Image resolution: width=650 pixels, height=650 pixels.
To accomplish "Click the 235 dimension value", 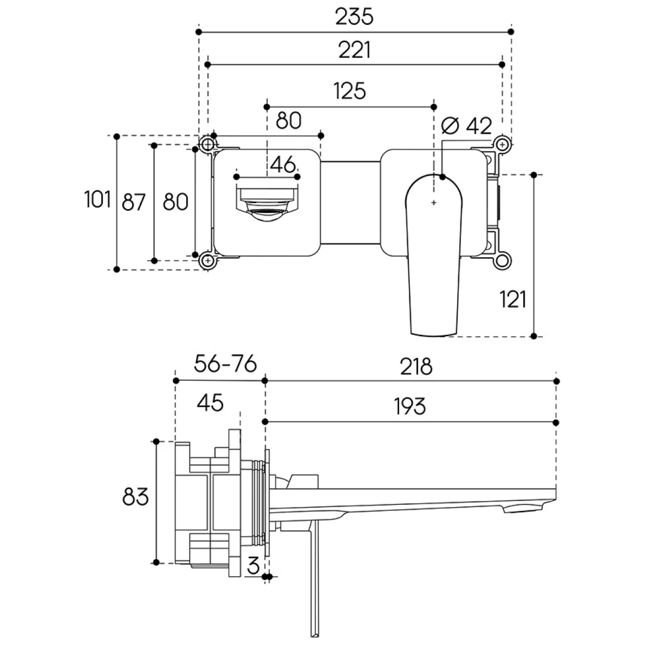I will point(354,17).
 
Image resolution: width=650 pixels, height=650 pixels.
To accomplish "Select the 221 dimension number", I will point(354,50).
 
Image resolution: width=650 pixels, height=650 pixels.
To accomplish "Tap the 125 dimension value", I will point(349,91).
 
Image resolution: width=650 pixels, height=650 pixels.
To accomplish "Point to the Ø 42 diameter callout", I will point(466,126).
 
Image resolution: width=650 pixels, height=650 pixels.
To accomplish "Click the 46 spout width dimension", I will point(283,164).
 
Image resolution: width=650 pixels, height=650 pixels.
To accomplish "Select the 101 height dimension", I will point(97,200).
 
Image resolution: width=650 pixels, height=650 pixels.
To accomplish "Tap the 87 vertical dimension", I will point(134,203).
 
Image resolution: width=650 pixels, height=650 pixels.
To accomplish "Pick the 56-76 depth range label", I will point(224,365).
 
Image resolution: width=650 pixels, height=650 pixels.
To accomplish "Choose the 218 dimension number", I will point(417,367).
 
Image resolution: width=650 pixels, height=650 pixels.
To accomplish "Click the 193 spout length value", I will point(410,406).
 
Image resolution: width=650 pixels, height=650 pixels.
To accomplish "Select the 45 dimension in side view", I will point(210,402).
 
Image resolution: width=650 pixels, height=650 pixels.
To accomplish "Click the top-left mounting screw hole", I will point(206,144).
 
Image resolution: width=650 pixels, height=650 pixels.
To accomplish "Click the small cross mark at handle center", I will point(433,203).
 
